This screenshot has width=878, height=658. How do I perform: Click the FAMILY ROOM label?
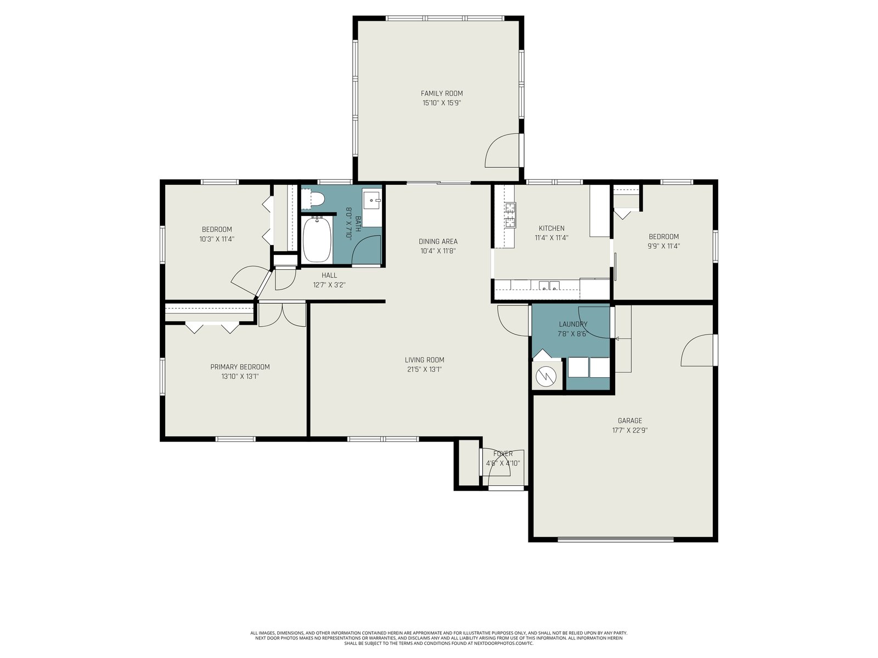(442, 93)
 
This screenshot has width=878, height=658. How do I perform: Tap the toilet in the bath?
(312, 200)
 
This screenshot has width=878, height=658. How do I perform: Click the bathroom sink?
(372, 200)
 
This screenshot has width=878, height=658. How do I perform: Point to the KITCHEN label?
(551, 229)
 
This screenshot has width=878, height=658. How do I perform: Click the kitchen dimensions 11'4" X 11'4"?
(551, 238)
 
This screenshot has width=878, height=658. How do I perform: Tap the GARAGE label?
(630, 421)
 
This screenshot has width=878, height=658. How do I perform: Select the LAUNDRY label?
(573, 325)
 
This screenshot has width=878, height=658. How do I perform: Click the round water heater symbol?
(546, 376)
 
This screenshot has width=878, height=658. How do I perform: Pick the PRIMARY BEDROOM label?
(240, 367)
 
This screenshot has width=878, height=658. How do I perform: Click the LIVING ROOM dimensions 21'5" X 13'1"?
(424, 370)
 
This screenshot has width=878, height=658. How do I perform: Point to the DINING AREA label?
(438, 242)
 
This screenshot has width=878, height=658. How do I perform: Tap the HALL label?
(329, 275)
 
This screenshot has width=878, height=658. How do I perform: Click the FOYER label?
(503, 454)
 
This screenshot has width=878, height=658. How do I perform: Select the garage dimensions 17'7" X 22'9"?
(630, 430)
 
